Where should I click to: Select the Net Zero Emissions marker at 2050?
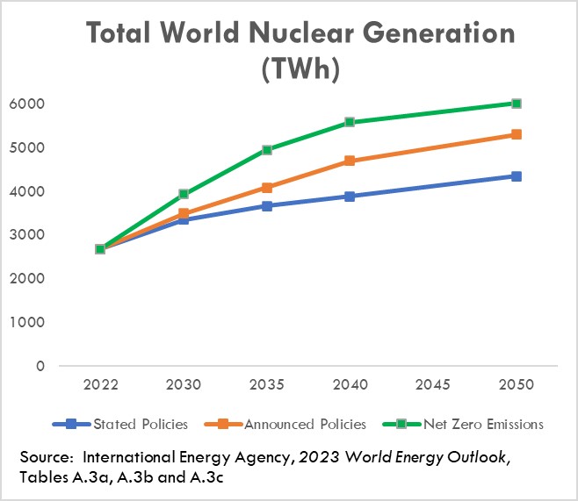click(517, 104)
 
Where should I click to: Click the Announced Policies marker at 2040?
click(350, 161)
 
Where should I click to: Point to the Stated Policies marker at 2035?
click(267, 206)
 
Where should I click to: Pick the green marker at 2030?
click(184, 194)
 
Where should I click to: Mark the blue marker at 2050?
click(517, 176)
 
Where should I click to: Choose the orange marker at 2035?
click(267, 188)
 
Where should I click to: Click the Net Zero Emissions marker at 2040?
click(350, 122)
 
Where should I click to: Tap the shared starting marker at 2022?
click(100, 249)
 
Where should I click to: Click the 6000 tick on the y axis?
click(29, 104)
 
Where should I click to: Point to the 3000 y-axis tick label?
click(29, 235)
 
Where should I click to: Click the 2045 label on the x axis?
click(433, 385)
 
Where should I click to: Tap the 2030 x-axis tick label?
click(184, 385)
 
